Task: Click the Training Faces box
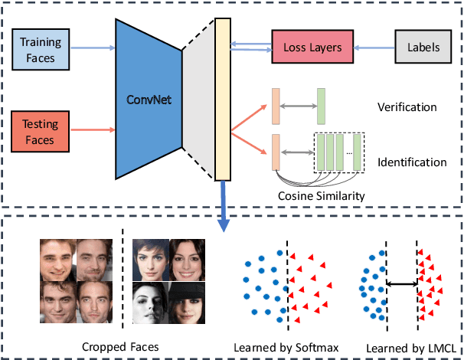click(x=40, y=47)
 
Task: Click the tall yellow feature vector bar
click(x=223, y=99)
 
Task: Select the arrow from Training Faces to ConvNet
click(x=90, y=47)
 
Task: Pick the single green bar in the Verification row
click(x=322, y=106)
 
